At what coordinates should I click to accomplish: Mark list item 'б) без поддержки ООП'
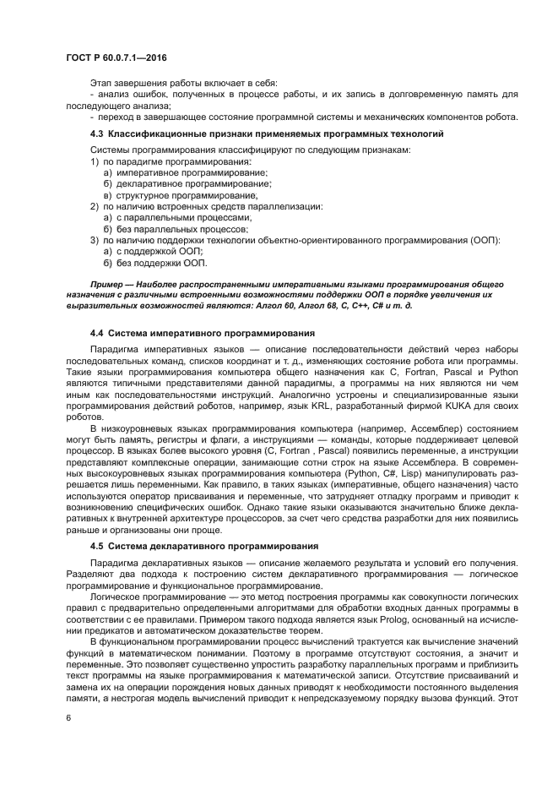[141, 264]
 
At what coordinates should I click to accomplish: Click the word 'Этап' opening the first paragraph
[100, 82]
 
